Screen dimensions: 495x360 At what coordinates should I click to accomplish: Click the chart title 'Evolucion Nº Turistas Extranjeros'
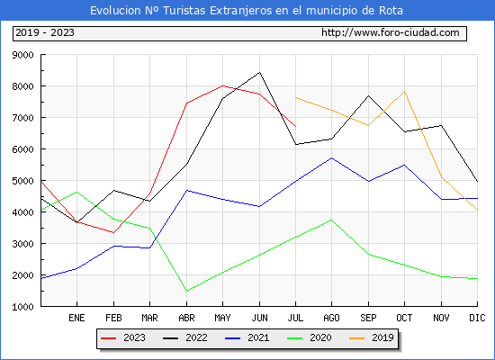coord(181,11)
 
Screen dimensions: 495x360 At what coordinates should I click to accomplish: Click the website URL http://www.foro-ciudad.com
coord(391,32)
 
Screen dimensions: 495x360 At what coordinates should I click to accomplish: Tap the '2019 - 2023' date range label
coord(45,32)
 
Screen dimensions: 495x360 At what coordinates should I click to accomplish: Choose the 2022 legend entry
coord(185,337)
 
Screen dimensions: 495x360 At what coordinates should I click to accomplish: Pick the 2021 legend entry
coord(247,337)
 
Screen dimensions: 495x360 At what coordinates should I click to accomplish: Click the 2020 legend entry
coord(310,337)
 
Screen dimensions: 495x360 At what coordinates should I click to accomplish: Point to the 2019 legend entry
coord(372,337)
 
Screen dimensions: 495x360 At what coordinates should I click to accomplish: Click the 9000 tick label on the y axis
coord(22,55)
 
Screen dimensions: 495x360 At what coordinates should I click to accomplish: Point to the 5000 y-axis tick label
coord(22,181)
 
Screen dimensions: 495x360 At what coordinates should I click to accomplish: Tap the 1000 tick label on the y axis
coord(22,307)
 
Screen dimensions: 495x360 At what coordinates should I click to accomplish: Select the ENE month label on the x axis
coord(76,318)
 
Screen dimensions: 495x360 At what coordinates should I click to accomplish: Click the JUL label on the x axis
coord(295,318)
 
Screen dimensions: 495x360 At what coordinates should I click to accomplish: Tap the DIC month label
coord(477,318)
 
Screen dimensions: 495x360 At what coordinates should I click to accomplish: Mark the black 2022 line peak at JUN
coord(259,72)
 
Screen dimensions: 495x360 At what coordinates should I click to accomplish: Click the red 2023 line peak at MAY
coord(223,85)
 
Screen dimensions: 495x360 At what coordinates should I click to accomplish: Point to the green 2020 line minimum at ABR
coord(186,291)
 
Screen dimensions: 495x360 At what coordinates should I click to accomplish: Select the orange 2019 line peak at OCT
coord(404,92)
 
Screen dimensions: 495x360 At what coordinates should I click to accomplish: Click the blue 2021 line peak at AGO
coord(331,157)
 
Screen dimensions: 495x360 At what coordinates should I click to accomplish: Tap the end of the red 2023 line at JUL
coord(296,127)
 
